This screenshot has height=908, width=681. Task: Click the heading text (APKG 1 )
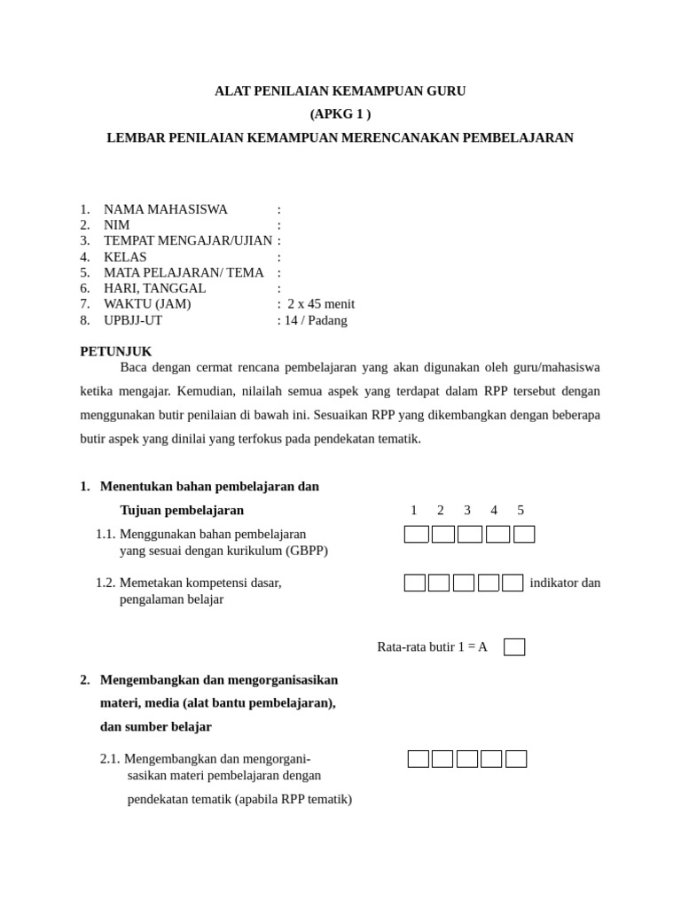[340, 113]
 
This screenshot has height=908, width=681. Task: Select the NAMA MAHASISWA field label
[165, 209]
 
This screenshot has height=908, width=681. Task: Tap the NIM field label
[116, 225]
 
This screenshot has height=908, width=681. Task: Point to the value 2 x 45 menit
[321, 304]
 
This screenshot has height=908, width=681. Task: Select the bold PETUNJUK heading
[115, 351]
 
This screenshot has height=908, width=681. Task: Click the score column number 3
[467, 510]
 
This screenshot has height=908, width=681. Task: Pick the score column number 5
[521, 510]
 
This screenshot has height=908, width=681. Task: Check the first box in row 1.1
[416, 534]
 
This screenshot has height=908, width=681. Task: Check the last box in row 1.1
[524, 534]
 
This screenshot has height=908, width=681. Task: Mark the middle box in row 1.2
[464, 583]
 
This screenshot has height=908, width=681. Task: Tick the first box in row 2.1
[419, 759]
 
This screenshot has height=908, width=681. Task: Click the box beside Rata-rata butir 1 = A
[514, 647]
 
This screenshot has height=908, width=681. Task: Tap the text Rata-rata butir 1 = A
[432, 647]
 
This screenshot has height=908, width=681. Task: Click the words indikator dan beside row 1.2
[565, 583]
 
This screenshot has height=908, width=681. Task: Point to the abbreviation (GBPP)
[306, 551]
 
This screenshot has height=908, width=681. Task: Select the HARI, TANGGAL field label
[154, 288]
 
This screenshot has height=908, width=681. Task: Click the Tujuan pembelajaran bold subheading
[182, 510]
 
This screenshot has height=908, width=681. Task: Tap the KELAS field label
[125, 257]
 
